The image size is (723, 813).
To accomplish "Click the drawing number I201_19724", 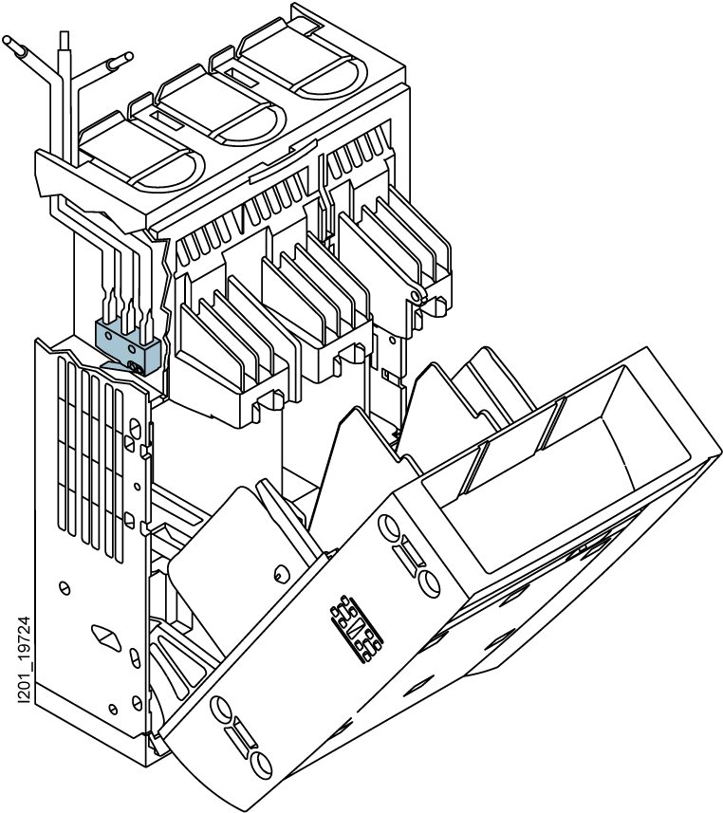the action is point(25,659).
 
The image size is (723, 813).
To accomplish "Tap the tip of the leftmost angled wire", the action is point(7,40).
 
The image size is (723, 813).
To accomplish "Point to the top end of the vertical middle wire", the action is point(65,33).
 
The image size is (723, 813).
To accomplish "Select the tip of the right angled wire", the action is point(127,57).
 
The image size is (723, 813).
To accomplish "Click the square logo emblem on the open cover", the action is point(357,628).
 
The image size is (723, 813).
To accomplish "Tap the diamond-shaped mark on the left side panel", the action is point(106,637).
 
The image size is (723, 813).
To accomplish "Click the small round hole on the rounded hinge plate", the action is point(279,573).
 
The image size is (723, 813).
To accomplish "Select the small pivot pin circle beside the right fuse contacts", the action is point(415,296).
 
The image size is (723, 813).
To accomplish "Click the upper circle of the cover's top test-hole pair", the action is point(390,527).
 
